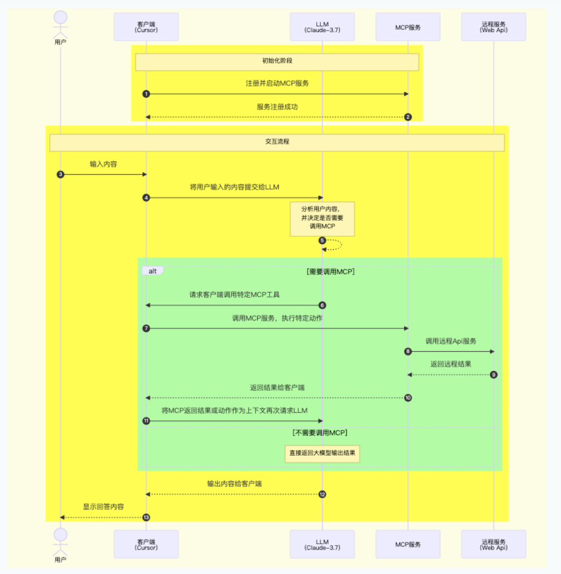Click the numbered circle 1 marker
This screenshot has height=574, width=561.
146,94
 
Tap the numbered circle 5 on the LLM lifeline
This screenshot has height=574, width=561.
322,241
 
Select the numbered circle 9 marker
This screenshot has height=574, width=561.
493,375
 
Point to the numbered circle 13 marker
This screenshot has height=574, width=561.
146,517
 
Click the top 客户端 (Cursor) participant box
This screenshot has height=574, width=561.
146,26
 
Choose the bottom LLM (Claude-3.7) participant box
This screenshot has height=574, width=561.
322,544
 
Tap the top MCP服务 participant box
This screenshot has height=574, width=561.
408,26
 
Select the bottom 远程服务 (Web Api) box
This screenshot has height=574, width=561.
493,544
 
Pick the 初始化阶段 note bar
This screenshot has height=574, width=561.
277,61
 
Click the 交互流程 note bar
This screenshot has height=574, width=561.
277,142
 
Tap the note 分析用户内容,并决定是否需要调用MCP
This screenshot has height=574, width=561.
322,219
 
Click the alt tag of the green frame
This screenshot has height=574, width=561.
152,271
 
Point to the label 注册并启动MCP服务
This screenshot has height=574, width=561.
277,83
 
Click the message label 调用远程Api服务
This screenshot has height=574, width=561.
450,341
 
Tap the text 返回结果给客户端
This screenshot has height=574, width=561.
277,388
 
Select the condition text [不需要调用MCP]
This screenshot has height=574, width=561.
319,433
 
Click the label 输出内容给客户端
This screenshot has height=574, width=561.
234,484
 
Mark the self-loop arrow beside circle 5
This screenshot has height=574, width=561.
337,245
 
